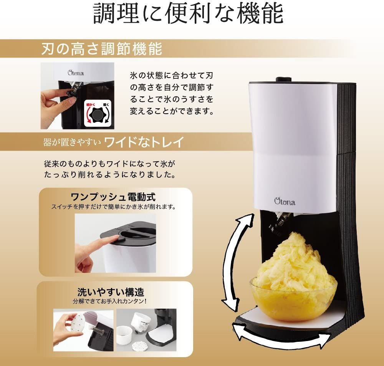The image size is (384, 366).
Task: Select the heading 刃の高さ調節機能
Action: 101,50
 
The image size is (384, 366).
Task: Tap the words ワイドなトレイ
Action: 144,143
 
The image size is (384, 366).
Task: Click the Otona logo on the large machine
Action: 285,200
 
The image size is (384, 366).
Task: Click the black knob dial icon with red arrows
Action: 98,114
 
